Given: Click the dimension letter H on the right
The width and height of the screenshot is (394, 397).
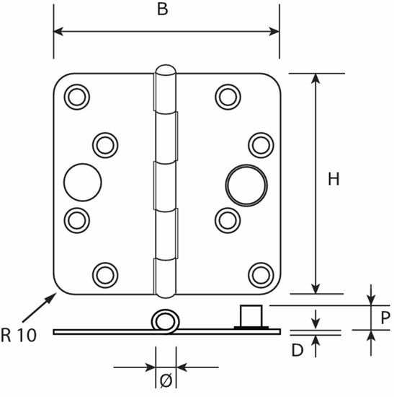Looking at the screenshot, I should (x=333, y=180).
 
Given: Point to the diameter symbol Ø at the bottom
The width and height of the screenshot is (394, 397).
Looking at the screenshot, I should (x=166, y=378).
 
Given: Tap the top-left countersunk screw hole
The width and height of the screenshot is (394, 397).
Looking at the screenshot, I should (x=76, y=96).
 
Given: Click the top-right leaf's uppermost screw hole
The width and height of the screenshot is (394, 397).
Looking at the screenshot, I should (x=228, y=96).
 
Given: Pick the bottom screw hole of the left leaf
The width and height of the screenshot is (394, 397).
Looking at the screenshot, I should (x=106, y=274).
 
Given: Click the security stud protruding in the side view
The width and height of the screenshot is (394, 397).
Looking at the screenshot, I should (x=250, y=316).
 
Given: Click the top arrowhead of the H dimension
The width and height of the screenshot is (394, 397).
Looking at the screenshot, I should (x=315, y=79).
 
